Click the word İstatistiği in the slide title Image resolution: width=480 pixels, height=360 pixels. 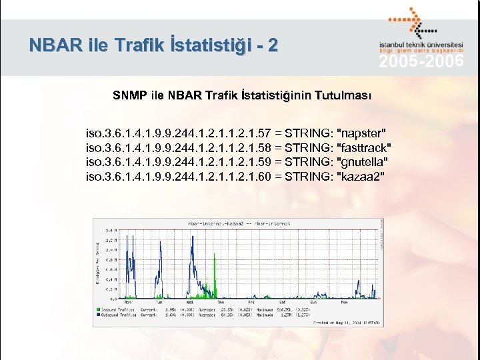[207, 46]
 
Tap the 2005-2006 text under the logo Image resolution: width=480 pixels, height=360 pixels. [421, 63]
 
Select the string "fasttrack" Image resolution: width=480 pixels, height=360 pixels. [365, 147]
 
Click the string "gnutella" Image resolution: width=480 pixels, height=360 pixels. [363, 161]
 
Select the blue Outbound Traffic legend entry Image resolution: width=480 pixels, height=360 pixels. [118, 315]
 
